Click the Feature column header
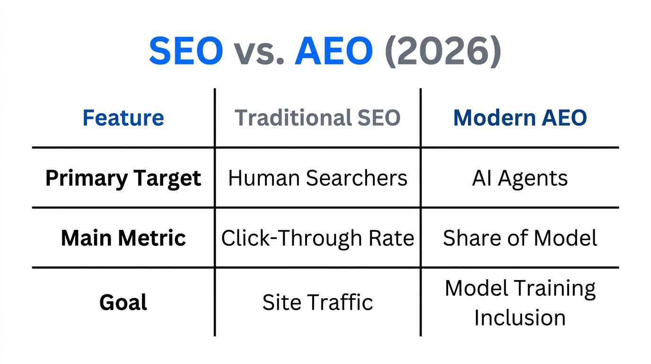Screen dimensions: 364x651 pos(123,118)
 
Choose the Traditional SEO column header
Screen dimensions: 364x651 pos(317,118)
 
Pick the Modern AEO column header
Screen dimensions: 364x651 pos(519,118)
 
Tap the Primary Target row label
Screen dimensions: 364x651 pos(123,178)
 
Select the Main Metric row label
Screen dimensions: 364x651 pos(123,238)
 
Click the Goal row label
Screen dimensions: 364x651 pos(123,302)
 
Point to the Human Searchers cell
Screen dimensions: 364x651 pos(317,178)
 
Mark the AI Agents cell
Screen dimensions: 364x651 pos(519,178)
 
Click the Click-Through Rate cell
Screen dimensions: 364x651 pos(317,238)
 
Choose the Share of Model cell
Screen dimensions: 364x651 pos(519,238)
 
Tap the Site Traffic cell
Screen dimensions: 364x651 pos(317,302)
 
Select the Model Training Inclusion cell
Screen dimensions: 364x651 pos(519,302)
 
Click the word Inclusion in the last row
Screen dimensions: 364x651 pos(519,318)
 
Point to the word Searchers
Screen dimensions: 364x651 pos(356,178)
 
